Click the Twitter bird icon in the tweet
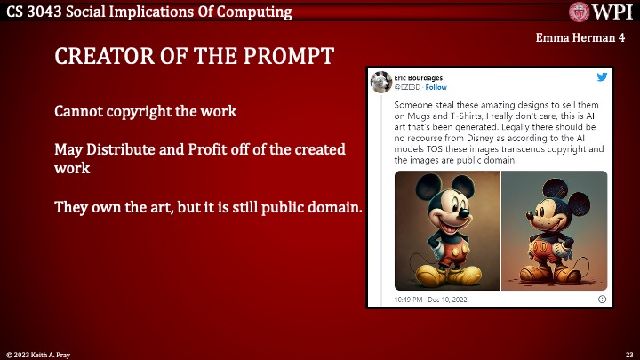pos(602,78)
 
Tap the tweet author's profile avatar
pos(382,82)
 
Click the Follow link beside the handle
pos(436,87)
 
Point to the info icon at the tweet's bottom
pos(602,300)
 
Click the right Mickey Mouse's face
pos(552,212)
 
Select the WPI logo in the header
pos(601,12)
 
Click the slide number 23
pos(628,354)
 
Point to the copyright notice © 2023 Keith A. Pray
pos(40,354)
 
